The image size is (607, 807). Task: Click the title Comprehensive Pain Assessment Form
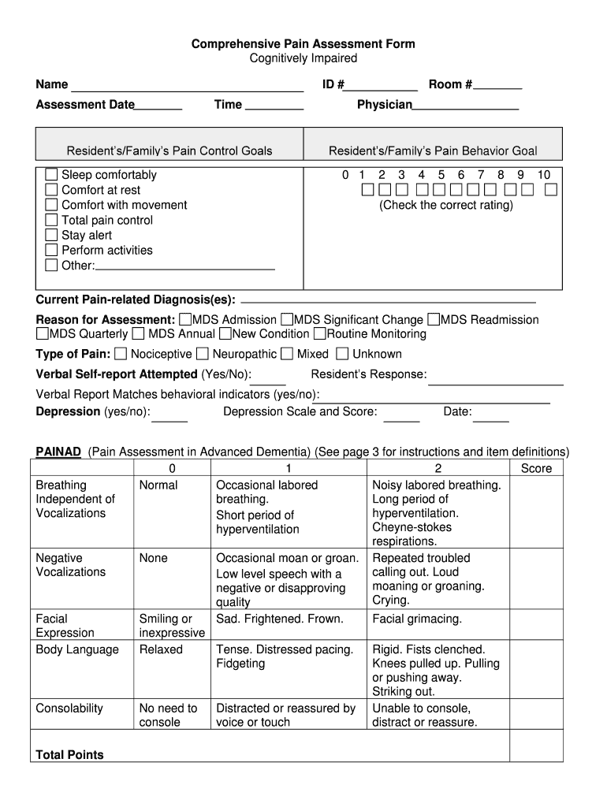[303, 44]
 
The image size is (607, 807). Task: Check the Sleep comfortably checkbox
[51, 175]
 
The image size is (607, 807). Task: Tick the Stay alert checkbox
[51, 235]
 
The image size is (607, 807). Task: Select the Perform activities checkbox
[51, 250]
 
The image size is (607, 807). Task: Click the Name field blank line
[187, 87]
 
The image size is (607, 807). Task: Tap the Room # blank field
[497, 87]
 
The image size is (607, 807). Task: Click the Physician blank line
[465, 106]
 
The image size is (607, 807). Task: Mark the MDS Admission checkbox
[185, 320]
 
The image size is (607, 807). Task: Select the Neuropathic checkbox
[203, 354]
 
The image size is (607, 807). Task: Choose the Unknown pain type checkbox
[342, 354]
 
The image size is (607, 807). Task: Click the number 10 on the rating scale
[544, 175]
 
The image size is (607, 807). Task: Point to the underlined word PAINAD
[59, 452]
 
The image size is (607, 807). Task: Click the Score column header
[536, 468]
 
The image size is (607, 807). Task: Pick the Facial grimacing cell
[417, 619]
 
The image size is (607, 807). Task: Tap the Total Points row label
[69, 755]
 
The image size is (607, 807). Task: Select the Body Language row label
[77, 649]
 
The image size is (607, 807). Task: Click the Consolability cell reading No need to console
[168, 715]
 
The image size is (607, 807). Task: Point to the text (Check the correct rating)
[445, 205]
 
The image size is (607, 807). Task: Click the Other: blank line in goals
[184, 267]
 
